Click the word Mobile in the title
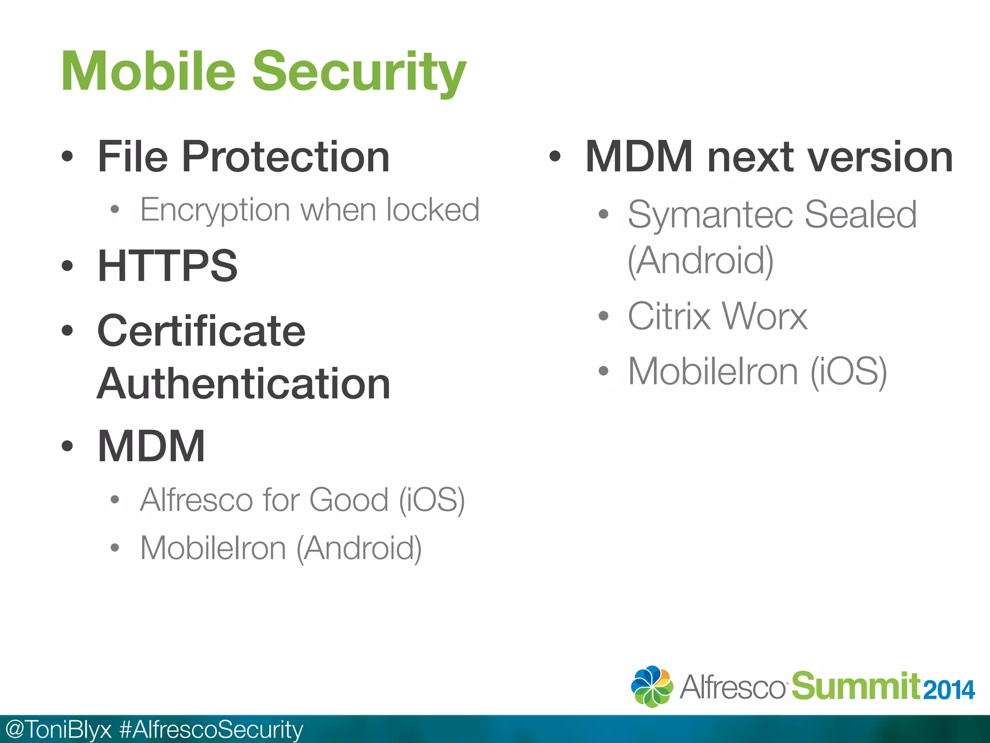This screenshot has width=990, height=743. coord(148,72)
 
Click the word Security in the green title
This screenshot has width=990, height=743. coord(359,73)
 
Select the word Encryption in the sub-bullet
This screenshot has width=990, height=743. coord(215,210)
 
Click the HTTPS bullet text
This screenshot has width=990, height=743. coord(167,266)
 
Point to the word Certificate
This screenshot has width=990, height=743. coord(201,331)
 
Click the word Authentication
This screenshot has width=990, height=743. coord(243,384)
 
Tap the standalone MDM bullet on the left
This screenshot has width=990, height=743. coord(151,446)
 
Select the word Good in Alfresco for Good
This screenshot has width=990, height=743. coord(349,500)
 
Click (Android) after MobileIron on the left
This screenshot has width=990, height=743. coord(359,549)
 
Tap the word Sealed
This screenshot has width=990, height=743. coord(860,215)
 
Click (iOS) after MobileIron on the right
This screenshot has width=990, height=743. coord(848,371)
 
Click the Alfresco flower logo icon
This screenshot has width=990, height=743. coord(652,686)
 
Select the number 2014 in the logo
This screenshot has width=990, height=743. coord(948,690)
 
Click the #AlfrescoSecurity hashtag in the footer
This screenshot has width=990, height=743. coord(211,729)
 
